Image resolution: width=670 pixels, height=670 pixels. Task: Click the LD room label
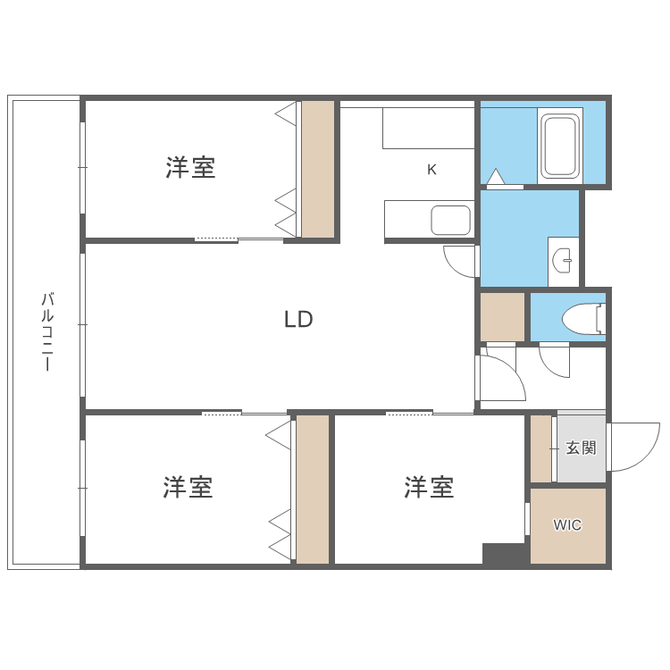coord(298,319)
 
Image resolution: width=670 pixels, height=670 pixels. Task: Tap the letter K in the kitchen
coord(431,169)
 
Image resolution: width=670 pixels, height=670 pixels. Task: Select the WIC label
coord(567,525)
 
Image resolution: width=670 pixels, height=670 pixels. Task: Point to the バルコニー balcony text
coord(46,331)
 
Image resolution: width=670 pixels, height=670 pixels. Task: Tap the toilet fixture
coord(586,317)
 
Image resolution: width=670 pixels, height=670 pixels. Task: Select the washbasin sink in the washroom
coord(563,260)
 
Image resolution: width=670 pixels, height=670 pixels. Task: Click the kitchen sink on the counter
coord(450,220)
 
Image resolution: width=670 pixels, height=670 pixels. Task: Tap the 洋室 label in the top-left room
coord(190,167)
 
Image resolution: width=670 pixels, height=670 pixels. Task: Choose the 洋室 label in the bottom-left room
coord(188,488)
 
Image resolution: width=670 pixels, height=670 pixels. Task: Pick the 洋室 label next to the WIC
coord(429,488)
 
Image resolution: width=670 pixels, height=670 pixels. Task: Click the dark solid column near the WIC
coord(504,553)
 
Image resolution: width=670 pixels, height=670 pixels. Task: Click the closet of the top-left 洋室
coord(317,169)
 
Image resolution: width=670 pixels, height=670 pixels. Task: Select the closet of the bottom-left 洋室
coord(313,489)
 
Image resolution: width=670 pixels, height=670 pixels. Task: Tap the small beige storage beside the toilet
coord(502,316)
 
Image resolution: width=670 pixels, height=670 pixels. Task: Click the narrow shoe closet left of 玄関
coord(540,448)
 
